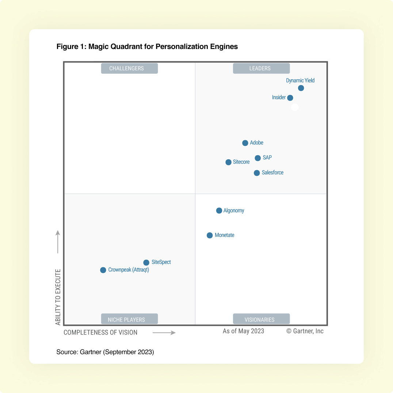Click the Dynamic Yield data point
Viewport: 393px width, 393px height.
[x=301, y=88]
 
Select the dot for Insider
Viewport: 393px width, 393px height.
[x=290, y=98]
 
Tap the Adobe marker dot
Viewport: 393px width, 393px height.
[x=245, y=143]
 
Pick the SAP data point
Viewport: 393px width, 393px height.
[x=258, y=158]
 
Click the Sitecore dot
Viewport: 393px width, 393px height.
[x=228, y=162]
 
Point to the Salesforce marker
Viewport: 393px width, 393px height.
[x=257, y=173]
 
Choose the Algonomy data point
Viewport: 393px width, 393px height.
[x=219, y=211]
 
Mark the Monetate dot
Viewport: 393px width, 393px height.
[x=210, y=236]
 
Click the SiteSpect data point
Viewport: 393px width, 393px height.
[x=146, y=263]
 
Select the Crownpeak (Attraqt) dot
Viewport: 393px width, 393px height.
[x=103, y=270]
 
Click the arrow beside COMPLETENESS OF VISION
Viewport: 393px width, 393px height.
[x=164, y=333]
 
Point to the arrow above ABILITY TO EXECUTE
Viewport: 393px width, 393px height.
[x=58, y=241]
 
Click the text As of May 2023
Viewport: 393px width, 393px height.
[x=243, y=331]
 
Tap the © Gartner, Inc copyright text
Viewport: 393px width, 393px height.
[x=305, y=331]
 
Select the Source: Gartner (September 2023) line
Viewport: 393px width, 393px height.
[x=105, y=352]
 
